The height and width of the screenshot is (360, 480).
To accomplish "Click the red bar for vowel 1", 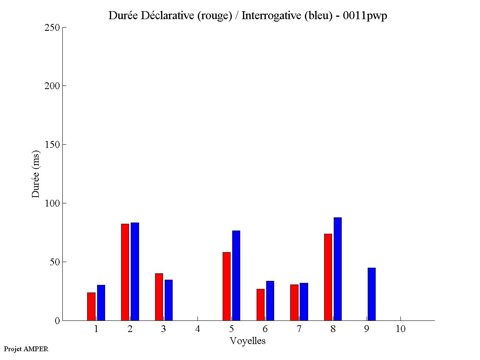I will [91, 306].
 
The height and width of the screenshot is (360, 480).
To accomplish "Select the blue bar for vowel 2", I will [135, 272].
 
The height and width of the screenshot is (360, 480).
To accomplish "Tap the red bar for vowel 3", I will [159, 297].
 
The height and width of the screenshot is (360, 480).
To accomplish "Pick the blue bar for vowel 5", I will [236, 276].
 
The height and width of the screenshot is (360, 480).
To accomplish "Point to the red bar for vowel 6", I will [260, 304].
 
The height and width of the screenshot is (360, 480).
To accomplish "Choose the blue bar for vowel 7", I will [304, 302].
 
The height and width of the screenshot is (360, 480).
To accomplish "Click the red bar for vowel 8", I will [328, 277].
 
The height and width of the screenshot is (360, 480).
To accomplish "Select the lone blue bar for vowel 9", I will [372, 294].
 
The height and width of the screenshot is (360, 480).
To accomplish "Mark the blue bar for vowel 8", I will [338, 269].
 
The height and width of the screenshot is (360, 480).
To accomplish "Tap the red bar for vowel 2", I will [125, 272].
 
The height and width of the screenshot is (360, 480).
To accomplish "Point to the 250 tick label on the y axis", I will [52, 28].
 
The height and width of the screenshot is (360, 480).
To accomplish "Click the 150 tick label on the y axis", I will [52, 145].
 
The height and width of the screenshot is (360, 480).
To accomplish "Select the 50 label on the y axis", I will [54, 262].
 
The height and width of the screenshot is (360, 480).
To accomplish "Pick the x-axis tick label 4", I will [197, 329].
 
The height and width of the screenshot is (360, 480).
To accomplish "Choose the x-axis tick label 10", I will [400, 329].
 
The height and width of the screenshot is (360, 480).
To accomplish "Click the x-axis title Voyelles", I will [247, 341].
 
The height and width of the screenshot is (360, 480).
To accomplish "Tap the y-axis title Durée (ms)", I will [36, 174].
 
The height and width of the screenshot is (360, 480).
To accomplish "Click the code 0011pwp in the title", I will [365, 16].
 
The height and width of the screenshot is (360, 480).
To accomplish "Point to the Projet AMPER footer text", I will [26, 349].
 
